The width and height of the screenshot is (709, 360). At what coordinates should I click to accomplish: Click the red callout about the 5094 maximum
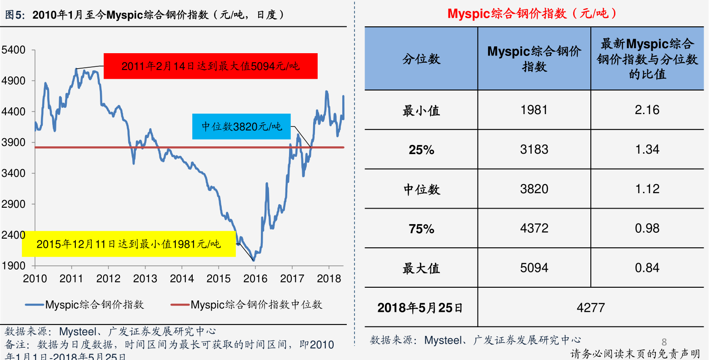[x=210, y=66]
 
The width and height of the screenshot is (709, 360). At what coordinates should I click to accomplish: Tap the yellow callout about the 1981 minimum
[x=129, y=244]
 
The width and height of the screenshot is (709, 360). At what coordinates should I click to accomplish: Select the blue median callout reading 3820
[x=241, y=126]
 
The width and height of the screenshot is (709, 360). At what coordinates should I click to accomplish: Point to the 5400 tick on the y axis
[x=13, y=50]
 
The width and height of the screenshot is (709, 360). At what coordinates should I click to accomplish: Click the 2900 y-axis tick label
[x=13, y=204]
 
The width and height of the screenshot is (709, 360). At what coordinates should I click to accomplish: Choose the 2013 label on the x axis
[x=145, y=279]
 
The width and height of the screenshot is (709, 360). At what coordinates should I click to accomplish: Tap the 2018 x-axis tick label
[x=329, y=279]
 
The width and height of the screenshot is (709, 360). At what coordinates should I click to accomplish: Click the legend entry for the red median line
[x=246, y=305]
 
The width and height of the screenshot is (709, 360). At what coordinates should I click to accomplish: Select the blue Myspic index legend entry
[x=85, y=305]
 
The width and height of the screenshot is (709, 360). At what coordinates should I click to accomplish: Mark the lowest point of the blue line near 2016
[x=254, y=260]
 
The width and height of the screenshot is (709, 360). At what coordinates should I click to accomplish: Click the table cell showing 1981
[x=534, y=110]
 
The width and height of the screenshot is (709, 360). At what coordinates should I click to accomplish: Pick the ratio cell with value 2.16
[x=647, y=110]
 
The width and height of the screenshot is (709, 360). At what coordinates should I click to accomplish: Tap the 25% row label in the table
[x=421, y=150]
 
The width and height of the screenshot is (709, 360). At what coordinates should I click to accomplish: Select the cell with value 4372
[x=534, y=228]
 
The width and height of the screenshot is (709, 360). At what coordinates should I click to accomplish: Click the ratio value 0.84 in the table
[x=647, y=268]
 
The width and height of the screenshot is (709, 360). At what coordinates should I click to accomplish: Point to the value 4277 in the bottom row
[x=591, y=307]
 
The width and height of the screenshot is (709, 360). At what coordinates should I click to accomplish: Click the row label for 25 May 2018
[x=420, y=308]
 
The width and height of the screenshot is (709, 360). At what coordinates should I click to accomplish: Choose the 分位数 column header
[x=421, y=59]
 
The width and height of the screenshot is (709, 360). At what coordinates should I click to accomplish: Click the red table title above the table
[x=532, y=14]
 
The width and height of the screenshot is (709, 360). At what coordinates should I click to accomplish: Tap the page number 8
[x=664, y=342]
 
